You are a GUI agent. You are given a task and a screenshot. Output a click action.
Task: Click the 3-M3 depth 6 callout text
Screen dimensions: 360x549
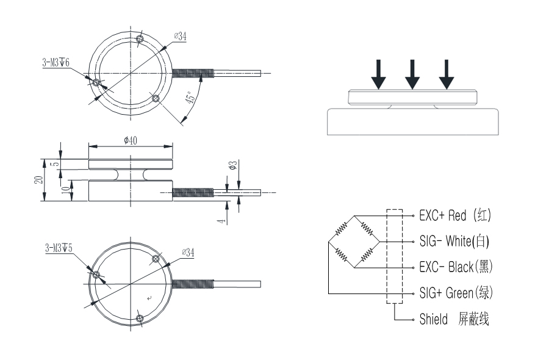56,62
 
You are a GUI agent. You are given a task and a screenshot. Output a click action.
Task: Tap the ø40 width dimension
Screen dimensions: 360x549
129,140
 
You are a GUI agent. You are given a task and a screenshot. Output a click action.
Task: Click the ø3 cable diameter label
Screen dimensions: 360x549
233,166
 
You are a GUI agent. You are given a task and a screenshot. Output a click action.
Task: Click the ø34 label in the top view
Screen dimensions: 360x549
179,37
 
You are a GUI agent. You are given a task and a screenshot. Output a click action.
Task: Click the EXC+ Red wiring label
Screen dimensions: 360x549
454,215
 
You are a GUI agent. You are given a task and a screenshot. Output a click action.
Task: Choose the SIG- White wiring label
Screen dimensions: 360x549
454,241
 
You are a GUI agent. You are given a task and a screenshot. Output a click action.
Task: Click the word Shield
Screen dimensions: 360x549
433,319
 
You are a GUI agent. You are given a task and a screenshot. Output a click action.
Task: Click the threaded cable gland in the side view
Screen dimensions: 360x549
194,193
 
